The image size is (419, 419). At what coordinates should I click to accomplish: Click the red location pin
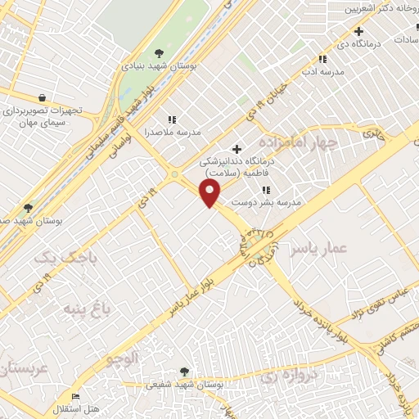point(210,192)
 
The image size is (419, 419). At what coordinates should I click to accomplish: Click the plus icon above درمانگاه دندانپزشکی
point(237,149)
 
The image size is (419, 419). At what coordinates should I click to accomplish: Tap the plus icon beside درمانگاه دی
point(358,31)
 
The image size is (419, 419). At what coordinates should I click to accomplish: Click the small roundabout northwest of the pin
point(173,174)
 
